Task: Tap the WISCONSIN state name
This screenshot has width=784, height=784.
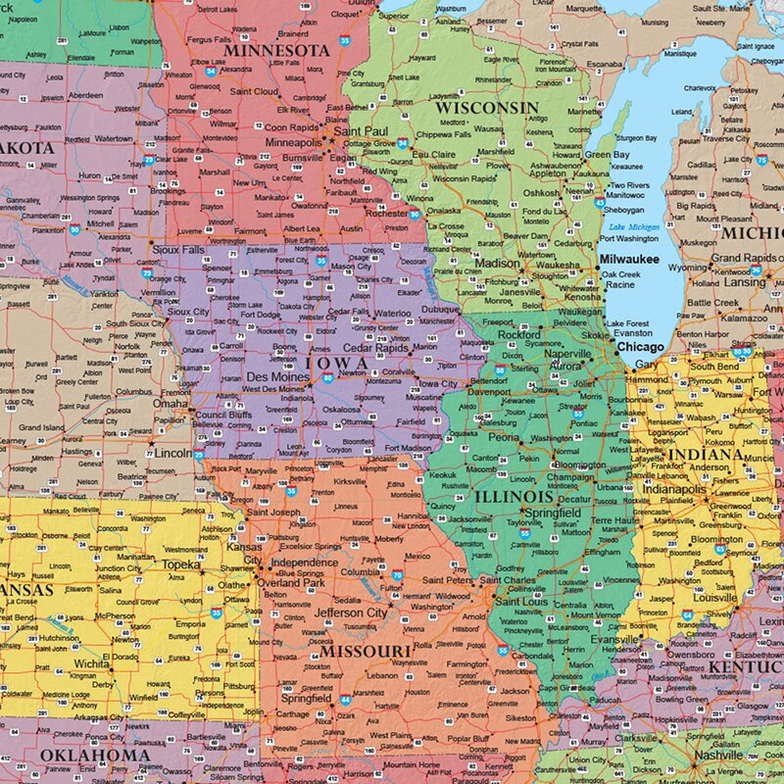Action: click(487, 107)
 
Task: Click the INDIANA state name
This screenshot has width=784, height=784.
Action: click(706, 456)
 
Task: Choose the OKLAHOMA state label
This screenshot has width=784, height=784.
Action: click(95, 756)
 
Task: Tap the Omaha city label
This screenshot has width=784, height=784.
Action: click(170, 403)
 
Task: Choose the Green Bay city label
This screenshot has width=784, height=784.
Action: click(607, 155)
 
